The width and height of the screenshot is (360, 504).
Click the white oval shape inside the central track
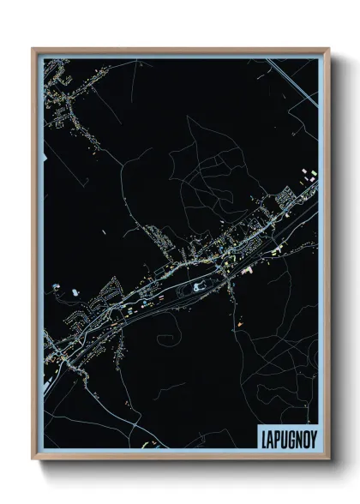point(201,288)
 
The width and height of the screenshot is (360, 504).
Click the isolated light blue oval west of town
point(75,291)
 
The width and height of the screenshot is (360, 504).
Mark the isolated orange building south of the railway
point(242,324)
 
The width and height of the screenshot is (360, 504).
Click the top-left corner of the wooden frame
point(33,49)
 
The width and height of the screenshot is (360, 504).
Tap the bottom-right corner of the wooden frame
point(329,459)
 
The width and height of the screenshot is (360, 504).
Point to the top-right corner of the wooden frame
point(329,49)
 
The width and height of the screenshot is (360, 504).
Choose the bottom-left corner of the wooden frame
point(33,459)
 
